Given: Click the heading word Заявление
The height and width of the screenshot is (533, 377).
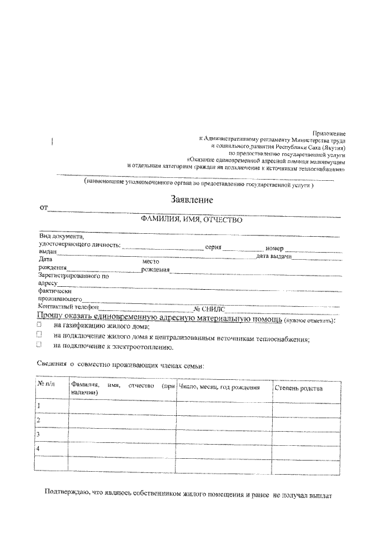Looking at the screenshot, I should (x=191, y=200).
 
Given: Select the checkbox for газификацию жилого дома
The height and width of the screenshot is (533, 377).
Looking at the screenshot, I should (x=39, y=325).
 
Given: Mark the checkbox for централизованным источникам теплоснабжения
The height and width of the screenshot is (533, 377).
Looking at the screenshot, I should (x=39, y=335).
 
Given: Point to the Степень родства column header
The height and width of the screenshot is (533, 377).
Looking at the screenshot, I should (x=298, y=388).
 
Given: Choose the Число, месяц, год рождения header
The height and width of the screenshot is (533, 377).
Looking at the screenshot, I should (x=219, y=388).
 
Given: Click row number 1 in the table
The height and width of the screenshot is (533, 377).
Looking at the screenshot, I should (x=39, y=406).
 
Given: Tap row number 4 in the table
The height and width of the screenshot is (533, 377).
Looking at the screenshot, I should (x=39, y=449).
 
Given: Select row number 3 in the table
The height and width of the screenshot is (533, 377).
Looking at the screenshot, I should (x=39, y=434).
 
